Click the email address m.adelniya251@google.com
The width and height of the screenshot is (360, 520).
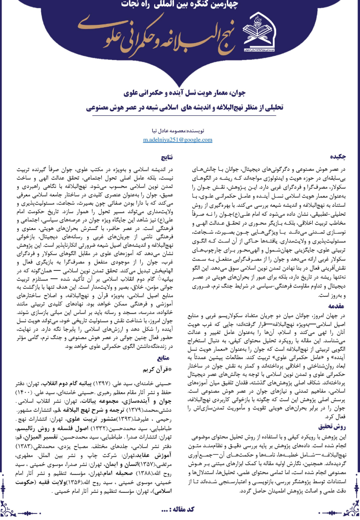click(178, 140)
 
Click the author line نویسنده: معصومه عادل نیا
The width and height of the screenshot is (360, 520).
click(179, 132)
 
